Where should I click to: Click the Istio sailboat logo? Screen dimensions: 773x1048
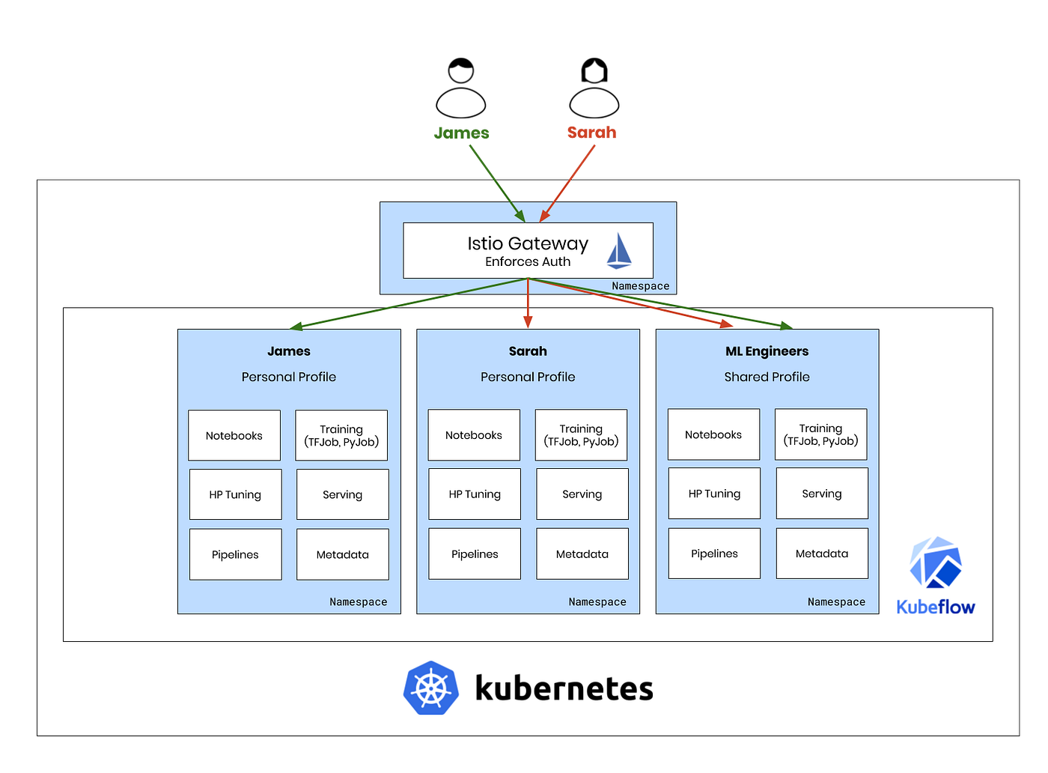point(619,251)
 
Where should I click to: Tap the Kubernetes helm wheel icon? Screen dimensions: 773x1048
point(431,688)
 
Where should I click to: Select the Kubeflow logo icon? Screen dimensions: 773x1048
point(935,563)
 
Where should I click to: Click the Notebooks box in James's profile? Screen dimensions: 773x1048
point(234,435)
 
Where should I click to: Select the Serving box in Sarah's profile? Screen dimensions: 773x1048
point(582,494)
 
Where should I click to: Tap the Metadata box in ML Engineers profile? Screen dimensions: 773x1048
point(822,554)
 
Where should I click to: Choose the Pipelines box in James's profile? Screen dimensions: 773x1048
point(235,554)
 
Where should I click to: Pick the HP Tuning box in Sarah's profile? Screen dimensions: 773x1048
point(475,494)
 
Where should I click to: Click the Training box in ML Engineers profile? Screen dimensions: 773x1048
point(820,434)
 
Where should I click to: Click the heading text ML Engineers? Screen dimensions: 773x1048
point(767,351)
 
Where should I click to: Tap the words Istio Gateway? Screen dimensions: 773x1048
point(528,243)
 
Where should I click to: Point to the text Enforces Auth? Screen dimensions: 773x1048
point(528,261)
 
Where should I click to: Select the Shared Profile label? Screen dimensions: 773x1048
point(767,377)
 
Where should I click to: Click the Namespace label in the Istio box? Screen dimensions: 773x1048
point(640,286)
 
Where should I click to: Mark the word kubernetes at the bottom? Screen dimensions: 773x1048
point(564,688)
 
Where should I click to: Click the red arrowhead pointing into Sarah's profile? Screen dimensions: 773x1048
point(528,322)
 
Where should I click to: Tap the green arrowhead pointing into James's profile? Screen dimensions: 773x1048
point(296,327)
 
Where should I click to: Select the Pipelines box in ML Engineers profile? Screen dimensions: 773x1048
point(714,554)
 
